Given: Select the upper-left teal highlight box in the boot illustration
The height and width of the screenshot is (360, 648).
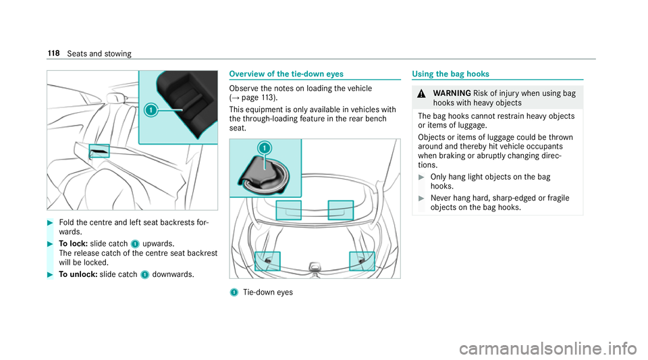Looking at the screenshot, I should [x=289, y=210].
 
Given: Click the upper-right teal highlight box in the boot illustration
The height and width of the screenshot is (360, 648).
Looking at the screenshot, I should [x=340, y=210].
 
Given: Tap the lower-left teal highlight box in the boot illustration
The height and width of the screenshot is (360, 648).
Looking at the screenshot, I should [x=267, y=261].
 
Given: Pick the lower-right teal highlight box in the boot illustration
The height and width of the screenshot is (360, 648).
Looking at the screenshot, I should [x=362, y=261].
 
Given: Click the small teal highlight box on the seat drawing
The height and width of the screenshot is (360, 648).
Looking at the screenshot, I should [x=99, y=151].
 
